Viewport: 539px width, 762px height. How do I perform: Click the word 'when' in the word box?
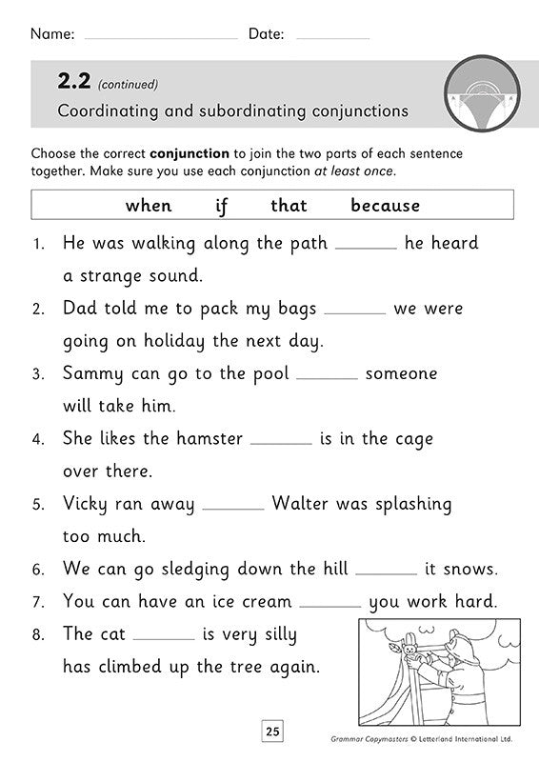[x=149, y=206]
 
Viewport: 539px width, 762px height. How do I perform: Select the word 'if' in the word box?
[x=222, y=206]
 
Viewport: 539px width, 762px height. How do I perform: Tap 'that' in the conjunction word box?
[x=289, y=206]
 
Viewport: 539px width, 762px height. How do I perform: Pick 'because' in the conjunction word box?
[x=385, y=206]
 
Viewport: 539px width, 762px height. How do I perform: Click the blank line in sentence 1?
[x=366, y=247]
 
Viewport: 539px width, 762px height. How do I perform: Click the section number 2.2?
[x=74, y=83]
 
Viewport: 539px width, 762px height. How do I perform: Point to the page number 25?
[x=273, y=733]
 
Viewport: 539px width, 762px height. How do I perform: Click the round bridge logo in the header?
[x=472, y=92]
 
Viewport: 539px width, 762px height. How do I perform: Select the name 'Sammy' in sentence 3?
[x=90, y=374]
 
